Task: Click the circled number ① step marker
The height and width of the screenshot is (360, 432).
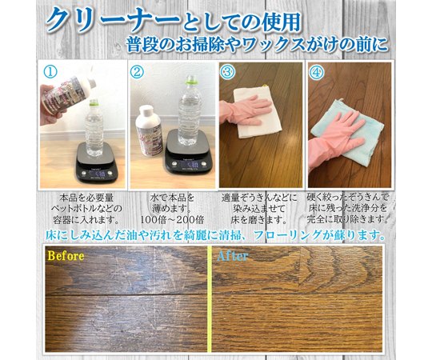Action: pos(51,72)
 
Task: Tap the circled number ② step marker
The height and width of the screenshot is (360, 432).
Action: pos(137,72)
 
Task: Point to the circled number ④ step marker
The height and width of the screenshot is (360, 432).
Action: pos(317,73)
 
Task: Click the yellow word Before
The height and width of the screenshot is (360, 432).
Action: pos(66,256)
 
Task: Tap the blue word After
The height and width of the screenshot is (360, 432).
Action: pos(232,256)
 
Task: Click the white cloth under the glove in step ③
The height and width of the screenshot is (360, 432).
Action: pos(258,114)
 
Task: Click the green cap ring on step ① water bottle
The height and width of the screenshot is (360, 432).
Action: pos(94,104)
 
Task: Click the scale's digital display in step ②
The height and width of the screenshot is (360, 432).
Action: pos(189,165)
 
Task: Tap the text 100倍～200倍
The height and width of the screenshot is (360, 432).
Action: pos(172,219)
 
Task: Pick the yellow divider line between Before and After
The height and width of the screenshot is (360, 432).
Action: pos(210,299)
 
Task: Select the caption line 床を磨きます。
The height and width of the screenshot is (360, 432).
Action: pos(258,220)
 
